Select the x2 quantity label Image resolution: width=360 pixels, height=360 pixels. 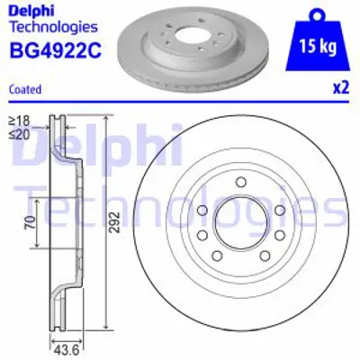[339, 88]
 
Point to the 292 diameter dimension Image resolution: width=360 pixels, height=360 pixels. [113, 228]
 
